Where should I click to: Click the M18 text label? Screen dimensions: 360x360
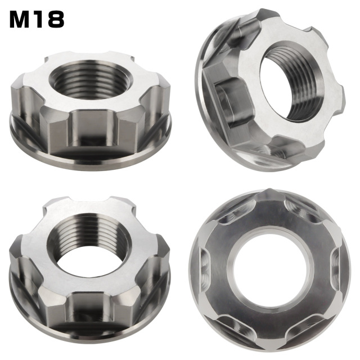(37, 19)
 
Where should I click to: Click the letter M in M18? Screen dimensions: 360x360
(21, 19)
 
